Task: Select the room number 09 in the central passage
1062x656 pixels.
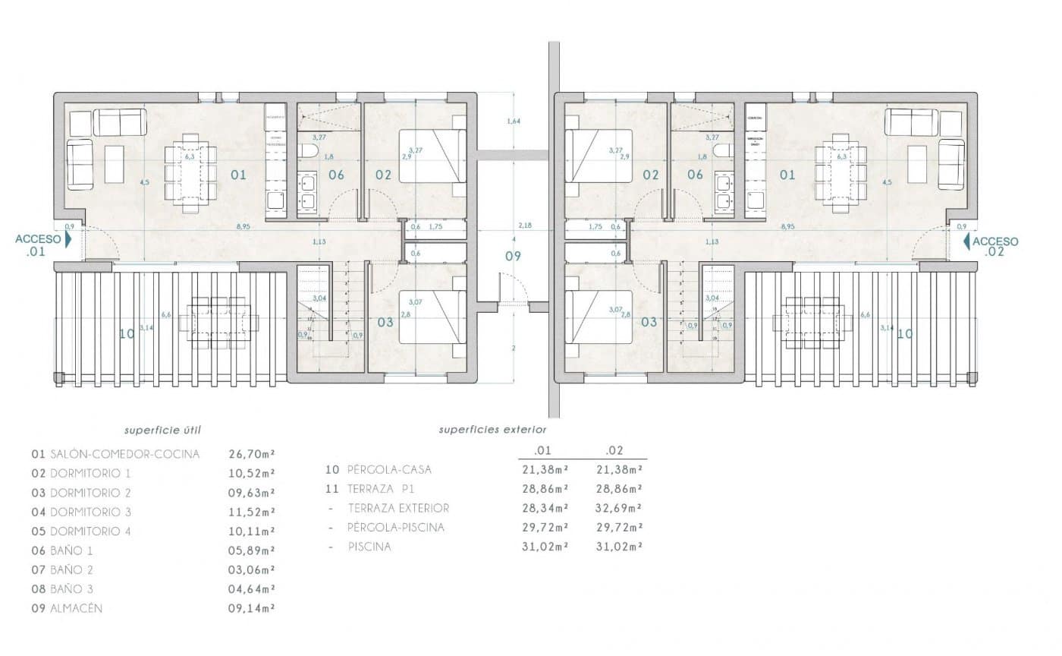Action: [x=514, y=256]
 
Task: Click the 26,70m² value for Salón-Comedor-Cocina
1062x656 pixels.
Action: [x=251, y=454]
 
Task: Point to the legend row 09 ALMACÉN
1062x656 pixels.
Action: [x=67, y=608]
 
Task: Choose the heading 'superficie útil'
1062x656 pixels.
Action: [x=163, y=430]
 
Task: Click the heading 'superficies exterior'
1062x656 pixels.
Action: [x=492, y=430]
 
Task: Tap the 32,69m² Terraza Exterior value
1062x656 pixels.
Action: [x=620, y=508]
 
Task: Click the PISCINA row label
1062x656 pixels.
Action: [x=369, y=547]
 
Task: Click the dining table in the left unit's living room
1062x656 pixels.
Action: [x=191, y=175]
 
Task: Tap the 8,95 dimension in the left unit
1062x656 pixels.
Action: [x=244, y=226]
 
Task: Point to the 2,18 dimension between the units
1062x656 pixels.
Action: [x=525, y=226]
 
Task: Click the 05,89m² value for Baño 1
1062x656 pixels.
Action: [x=251, y=550]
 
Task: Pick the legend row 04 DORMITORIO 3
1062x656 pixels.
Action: [x=81, y=512]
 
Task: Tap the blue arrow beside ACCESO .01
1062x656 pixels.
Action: [x=68, y=240]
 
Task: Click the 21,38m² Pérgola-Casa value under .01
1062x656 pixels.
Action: [x=545, y=469]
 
